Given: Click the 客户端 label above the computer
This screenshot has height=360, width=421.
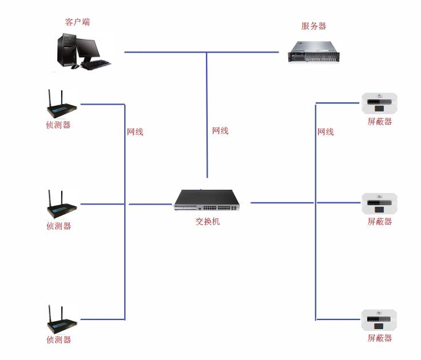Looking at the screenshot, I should click(77, 22).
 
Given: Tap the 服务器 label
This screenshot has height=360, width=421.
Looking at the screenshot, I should click(313, 26).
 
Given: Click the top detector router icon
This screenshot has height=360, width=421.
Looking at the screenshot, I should click(59, 104).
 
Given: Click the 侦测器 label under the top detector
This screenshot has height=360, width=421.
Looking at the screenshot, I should click(58, 125).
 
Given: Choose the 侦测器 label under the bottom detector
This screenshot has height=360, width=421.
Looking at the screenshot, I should click(58, 339).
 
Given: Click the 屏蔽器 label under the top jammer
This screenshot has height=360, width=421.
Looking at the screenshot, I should click(380, 122).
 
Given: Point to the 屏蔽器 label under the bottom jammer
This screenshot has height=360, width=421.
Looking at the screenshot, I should click(380, 338).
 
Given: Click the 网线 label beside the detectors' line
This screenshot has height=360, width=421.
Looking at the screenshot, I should click(135, 132).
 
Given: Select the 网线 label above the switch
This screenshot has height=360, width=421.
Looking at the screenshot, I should click(220, 131).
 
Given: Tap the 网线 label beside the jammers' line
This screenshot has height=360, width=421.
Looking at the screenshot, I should click(325, 132).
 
